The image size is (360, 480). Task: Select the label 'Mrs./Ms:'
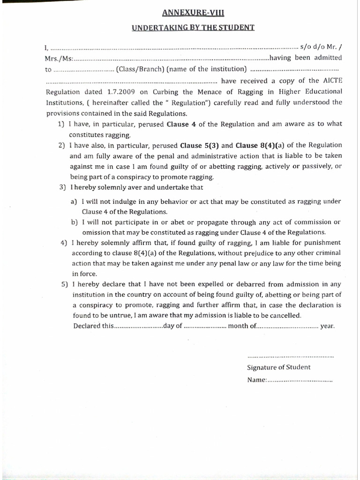point(60,59)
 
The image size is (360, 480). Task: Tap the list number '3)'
point(63,187)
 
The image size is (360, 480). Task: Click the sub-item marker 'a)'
point(74,202)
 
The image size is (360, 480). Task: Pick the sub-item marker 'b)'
point(74,222)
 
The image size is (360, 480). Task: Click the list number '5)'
point(63,284)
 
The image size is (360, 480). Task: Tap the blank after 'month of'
point(287,326)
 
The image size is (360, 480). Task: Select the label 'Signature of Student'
point(278,367)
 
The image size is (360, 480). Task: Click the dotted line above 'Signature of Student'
point(290,356)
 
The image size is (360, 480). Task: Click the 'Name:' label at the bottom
point(257,380)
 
